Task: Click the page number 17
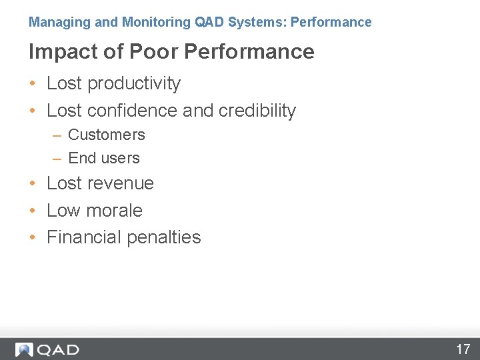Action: coord(463,349)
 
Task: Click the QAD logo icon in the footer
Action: coord(24,349)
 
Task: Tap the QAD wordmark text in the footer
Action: coord(58,349)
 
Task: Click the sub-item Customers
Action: coord(107,135)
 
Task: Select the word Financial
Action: coord(83,237)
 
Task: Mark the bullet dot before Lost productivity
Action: coord(33,84)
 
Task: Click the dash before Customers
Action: coord(57,135)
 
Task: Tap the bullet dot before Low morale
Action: coord(33,211)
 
